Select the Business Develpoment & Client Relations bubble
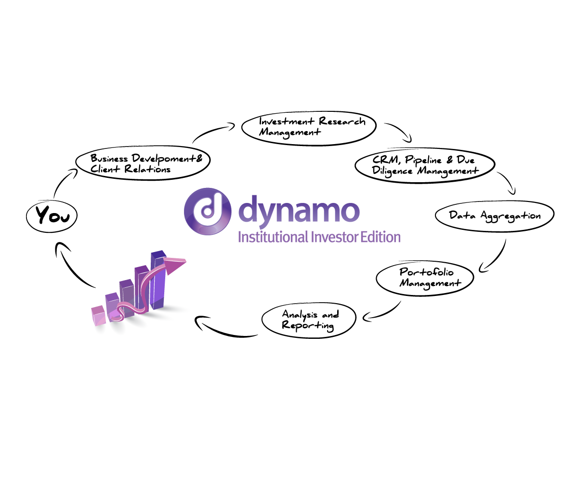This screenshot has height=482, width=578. [x=143, y=162]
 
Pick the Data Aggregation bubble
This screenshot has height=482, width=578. [x=495, y=215]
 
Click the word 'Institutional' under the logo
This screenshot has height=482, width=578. [x=273, y=237]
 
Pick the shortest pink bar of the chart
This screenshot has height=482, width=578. [x=99, y=315]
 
